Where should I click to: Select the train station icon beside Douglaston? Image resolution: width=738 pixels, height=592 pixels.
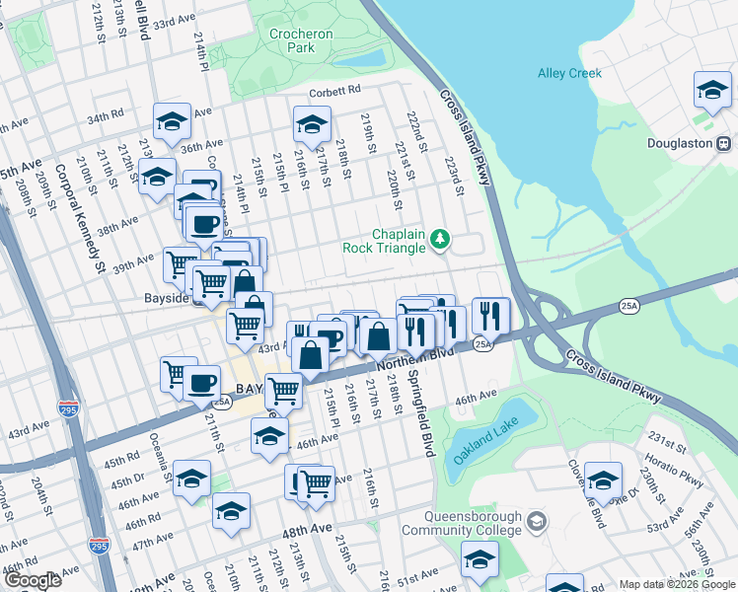tap(724, 142)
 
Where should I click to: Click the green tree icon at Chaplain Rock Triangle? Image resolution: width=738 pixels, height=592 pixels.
tap(440, 238)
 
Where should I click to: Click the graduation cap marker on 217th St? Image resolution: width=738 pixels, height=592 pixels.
tap(311, 124)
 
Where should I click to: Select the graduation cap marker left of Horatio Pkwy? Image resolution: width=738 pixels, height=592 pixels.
tap(602, 481)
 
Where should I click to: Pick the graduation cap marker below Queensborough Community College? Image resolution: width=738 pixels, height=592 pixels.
tap(480, 559)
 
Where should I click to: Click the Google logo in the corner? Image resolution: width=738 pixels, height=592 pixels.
tap(33, 581)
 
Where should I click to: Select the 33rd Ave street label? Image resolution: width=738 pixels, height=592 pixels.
tap(175, 21)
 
